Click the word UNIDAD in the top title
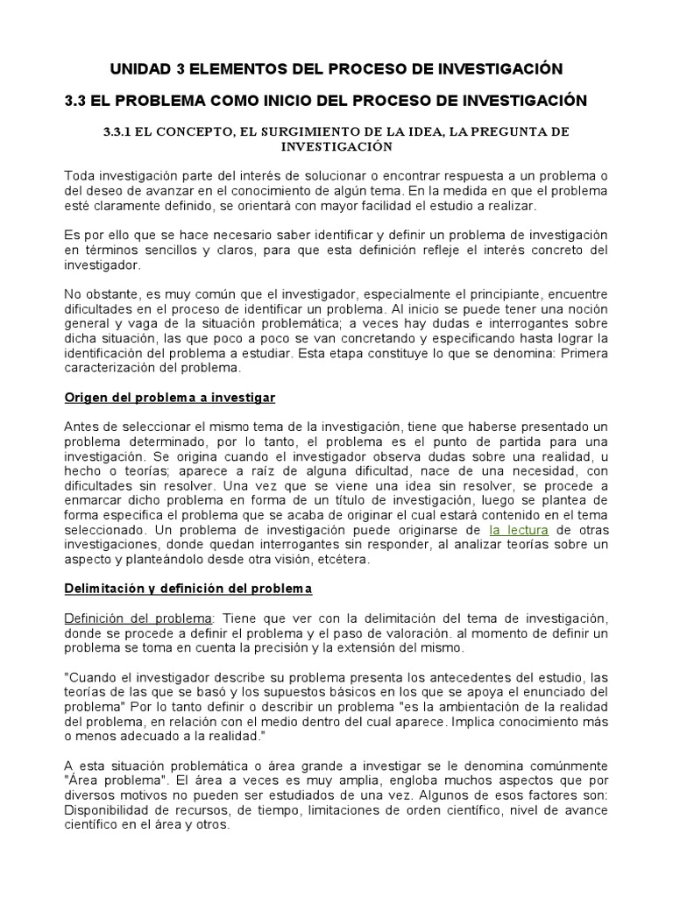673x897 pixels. coord(139,68)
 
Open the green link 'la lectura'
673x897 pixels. coord(519,531)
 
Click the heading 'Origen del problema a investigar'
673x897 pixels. coord(170,398)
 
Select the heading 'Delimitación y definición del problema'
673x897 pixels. coord(188,589)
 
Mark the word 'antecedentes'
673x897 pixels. coord(437,678)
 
